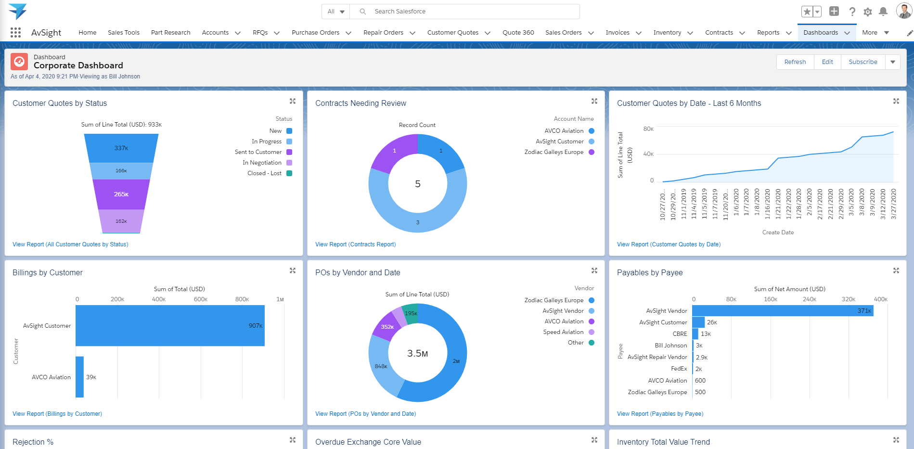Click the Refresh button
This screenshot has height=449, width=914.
pos(795,62)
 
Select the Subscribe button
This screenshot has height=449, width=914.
pos(863,62)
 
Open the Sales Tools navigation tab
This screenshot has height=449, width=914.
pos(124,33)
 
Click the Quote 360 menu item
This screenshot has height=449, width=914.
pos(518,33)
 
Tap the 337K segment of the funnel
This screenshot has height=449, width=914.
pos(121,148)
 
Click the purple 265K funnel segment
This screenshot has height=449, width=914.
pos(121,194)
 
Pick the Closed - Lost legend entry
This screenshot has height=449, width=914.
pos(265,173)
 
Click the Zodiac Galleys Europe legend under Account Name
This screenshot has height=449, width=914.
pos(554,152)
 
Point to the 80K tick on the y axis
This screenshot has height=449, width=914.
pos(648,129)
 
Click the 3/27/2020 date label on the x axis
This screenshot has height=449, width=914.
pos(893,204)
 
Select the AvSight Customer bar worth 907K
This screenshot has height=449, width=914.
pos(170,326)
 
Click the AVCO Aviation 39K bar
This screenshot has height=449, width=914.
pos(79,377)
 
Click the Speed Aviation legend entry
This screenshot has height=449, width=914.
pos(563,332)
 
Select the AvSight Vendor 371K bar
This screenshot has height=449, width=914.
pos(782,311)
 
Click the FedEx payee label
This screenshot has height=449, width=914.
pos(679,369)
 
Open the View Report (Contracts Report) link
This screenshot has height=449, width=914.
pos(355,244)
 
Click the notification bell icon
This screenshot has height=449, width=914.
pos(883,12)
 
